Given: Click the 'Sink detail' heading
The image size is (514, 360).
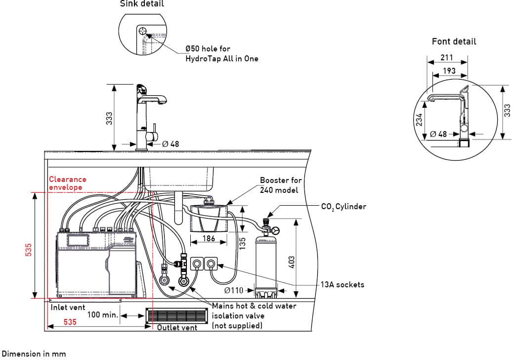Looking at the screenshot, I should coord(142,4).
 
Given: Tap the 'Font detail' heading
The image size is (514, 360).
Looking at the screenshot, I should coord(454,42).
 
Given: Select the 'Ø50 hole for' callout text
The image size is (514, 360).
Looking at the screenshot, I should coord(208,49).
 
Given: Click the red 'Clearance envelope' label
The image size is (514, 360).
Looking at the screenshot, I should coord(67,183).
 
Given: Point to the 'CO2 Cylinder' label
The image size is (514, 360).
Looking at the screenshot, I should coord(343,206).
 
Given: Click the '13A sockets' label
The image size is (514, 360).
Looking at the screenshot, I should coord(343,284).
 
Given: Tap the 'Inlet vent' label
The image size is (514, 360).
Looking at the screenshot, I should coord(68,307).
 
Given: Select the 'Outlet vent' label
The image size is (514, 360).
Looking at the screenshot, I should coord(177,327).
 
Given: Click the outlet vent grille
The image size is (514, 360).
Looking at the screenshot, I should coord(176,316).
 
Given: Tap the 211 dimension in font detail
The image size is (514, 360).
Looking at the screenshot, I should coord(446,58).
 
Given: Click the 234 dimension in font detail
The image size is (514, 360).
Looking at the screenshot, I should coord(419,119).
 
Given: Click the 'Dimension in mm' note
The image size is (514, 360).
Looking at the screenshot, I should coord(33,354).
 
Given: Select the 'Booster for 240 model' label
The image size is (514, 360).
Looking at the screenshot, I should coord(281,185).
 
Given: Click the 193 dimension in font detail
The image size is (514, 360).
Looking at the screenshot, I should coord(449,71).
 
